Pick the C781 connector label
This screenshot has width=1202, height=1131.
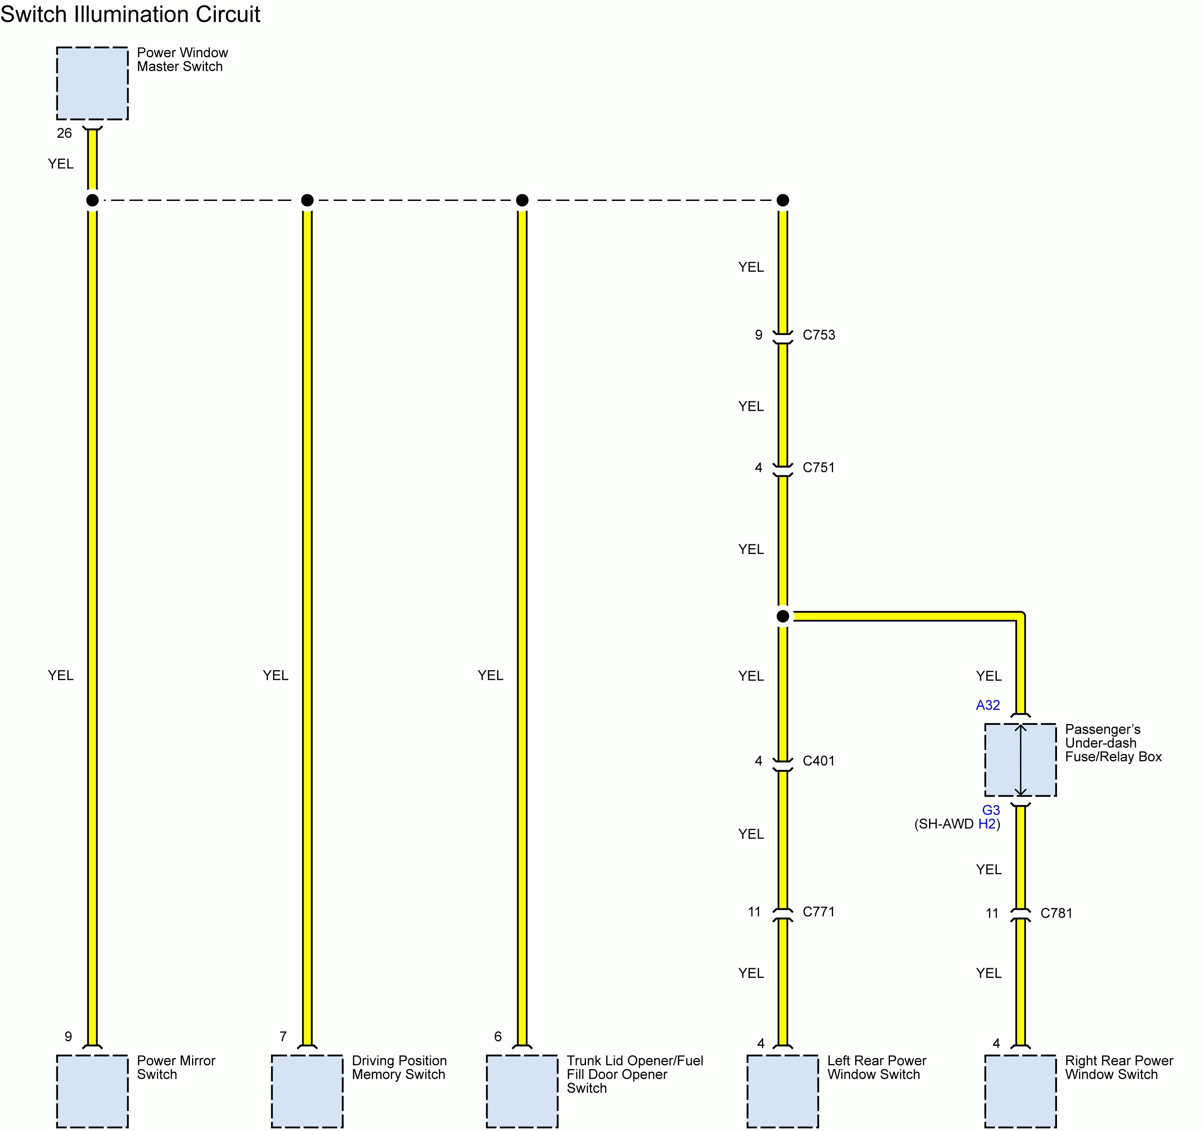[1056, 913]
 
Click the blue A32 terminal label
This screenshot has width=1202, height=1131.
[987, 705]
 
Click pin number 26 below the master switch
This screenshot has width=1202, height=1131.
[64, 133]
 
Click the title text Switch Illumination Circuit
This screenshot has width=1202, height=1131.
[130, 14]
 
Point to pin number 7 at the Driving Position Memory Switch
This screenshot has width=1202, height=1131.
[282, 1036]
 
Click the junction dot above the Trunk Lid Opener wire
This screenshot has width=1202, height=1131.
[522, 200]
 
